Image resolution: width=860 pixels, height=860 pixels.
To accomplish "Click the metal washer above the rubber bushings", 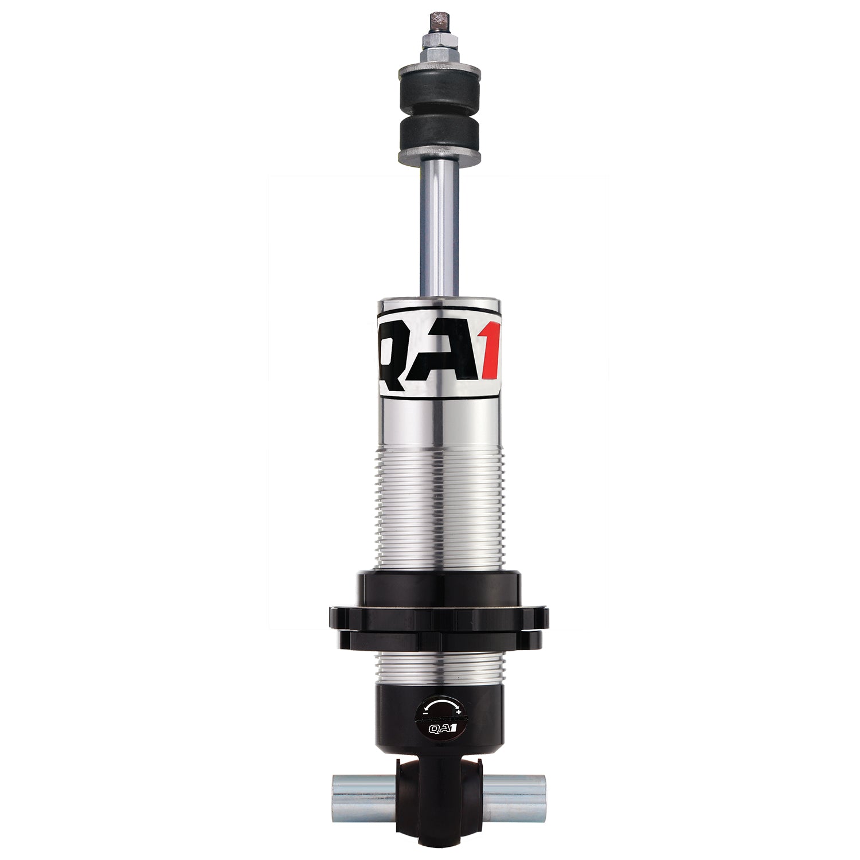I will coord(439,71).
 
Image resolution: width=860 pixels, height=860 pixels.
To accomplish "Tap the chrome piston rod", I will coord(439,229).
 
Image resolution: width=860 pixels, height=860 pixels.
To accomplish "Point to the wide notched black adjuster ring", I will coord(439,618).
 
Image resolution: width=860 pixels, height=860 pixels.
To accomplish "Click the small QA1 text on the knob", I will coord(440,729).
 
